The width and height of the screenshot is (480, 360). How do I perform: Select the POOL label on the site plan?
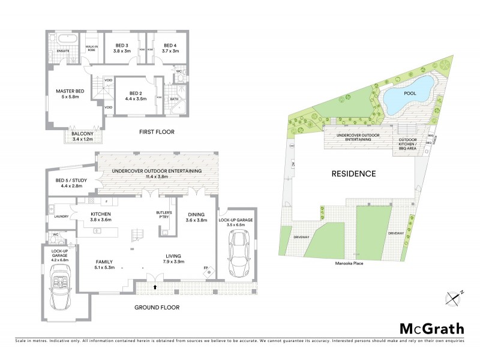(410, 94)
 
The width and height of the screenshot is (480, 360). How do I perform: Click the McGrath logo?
(432, 328)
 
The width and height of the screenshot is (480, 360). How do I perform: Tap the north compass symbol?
(454, 297)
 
